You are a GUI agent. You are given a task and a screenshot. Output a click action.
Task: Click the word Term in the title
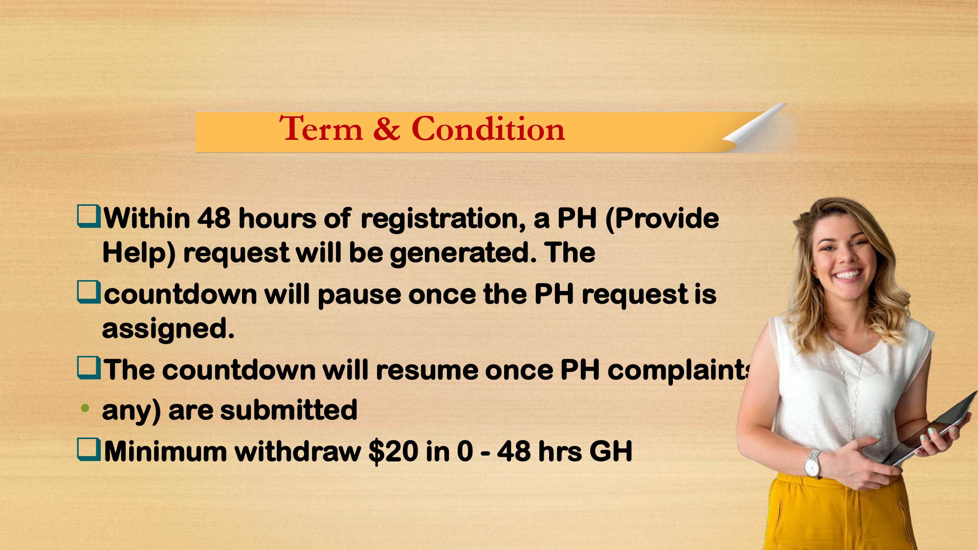click(321, 129)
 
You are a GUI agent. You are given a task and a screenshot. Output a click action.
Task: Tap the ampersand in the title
click(387, 129)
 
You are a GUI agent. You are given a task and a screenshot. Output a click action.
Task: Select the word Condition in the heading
click(488, 129)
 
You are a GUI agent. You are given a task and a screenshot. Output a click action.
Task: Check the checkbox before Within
click(89, 217)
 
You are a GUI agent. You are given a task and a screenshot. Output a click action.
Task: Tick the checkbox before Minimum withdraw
click(89, 450)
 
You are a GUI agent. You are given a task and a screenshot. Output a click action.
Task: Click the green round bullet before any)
click(85, 408)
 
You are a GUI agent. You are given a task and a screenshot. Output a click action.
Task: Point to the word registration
click(443, 219)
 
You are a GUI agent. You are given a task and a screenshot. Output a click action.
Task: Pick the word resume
click(426, 370)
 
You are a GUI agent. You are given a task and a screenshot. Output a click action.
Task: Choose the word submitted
click(289, 410)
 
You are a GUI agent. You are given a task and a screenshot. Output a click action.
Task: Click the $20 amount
click(393, 451)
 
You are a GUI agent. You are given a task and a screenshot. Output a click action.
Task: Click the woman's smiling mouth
click(848, 274)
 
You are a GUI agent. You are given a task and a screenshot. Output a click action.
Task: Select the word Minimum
click(165, 451)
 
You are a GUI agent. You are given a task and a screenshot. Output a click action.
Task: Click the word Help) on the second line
click(139, 254)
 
